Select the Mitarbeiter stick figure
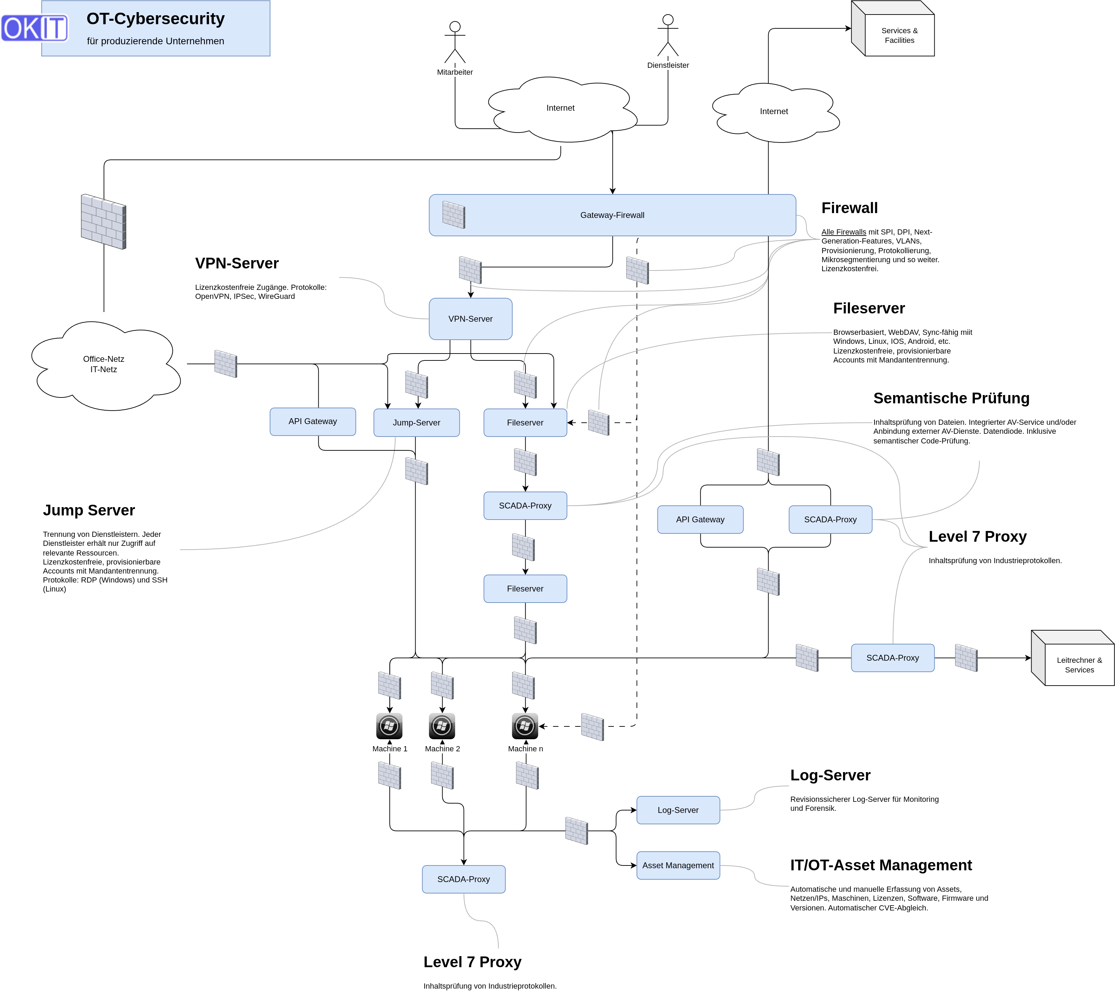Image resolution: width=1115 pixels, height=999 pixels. [455, 42]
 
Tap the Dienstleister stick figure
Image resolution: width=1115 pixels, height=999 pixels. [668, 35]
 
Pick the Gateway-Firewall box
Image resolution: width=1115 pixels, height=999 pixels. [612, 215]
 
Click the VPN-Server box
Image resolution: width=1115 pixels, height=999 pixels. [471, 319]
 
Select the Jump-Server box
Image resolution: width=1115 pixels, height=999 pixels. [416, 423]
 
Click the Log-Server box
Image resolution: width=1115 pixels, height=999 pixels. [678, 810]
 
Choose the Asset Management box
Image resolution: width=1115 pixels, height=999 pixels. [678, 865]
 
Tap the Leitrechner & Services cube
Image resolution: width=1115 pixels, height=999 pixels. [1073, 658]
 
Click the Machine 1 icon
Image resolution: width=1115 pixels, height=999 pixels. [389, 726]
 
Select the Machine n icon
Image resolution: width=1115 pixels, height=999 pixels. [525, 726]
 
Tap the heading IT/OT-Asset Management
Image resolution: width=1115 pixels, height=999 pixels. [881, 865]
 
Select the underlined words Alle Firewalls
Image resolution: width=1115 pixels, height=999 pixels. [843, 232]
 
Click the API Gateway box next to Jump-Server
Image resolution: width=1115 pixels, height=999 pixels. [312, 422]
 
